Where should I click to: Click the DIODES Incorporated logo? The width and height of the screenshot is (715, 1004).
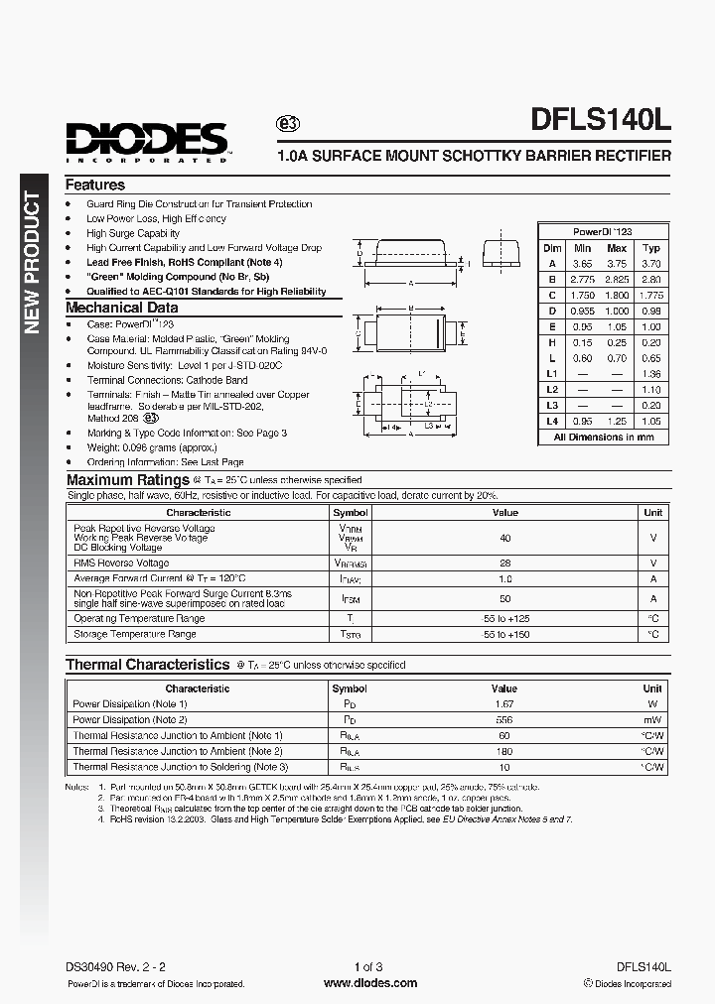148,140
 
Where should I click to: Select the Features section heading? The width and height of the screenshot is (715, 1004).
95,185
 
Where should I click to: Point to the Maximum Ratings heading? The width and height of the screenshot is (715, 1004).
127,480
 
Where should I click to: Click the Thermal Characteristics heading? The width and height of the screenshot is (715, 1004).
147,665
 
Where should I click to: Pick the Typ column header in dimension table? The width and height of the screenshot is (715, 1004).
650,248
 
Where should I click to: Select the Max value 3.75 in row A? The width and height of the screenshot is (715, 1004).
617,264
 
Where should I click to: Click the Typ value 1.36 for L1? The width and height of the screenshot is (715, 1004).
650,374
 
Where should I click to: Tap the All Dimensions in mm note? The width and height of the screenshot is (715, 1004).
603,437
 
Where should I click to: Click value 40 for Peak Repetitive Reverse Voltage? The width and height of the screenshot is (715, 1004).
504,538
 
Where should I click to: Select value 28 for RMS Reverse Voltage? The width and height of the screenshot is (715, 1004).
504,563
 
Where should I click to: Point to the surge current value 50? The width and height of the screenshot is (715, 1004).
504,598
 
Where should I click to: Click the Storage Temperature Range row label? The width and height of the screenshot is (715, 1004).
135,634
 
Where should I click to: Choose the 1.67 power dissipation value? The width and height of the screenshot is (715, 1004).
504,703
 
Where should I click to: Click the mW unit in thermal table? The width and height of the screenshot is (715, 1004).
652,719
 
